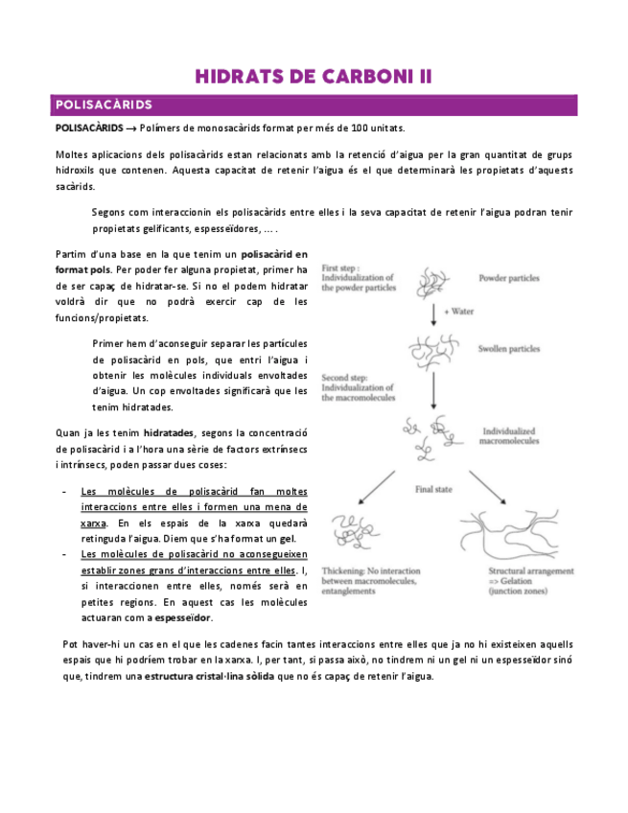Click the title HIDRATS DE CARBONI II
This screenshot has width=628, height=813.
[314, 77]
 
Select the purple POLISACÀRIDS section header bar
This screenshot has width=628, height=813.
[314, 105]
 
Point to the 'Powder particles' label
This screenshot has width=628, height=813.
[509, 279]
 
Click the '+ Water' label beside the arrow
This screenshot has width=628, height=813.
[460, 311]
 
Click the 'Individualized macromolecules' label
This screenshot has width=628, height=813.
[513, 436]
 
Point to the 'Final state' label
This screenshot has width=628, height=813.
[433, 489]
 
